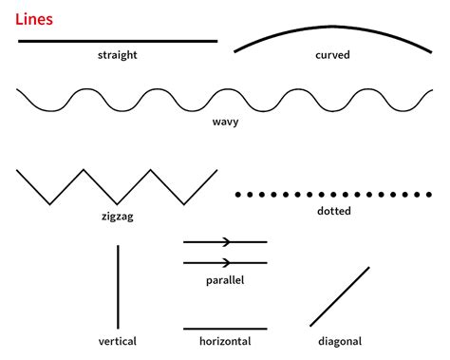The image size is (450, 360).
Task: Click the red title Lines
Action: click(34, 18)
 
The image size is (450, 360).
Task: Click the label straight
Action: click(118, 55)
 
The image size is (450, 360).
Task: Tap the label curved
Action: click(333, 55)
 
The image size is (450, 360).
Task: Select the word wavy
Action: click(225, 123)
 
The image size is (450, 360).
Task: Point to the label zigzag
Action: click(118, 217)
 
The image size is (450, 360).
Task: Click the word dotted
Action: click(333, 211)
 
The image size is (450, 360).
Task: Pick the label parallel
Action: click(225, 280)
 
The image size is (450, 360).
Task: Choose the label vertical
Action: click(118, 341)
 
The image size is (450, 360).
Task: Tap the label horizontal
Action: click(225, 341)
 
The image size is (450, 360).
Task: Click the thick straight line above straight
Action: click(118, 42)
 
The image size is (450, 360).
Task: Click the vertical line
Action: click(118, 286)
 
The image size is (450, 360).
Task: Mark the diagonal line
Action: click(339, 296)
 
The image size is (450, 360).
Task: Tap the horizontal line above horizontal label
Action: click(225, 328)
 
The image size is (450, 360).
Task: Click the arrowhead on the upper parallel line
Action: click(227, 242)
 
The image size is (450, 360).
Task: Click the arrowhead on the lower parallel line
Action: click(227, 262)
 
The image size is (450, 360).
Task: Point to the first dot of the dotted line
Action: click(238, 194)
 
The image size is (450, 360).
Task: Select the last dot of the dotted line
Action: click(430, 194)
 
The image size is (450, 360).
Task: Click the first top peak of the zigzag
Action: click(84, 171)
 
